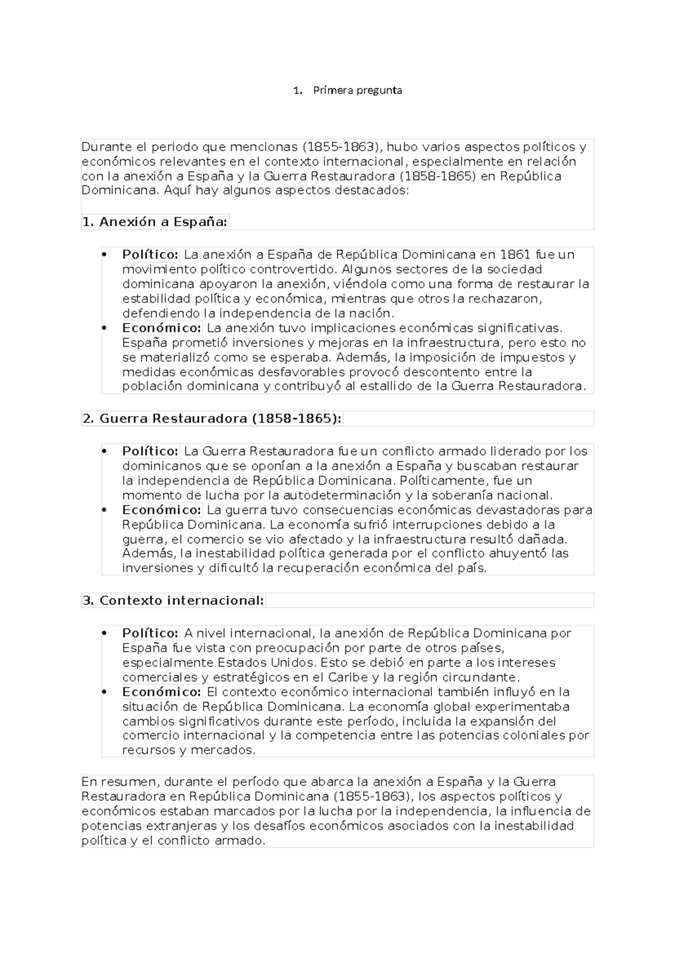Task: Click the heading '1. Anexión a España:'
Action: point(155,222)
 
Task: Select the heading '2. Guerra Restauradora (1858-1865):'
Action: point(212,419)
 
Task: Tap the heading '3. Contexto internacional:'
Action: point(173,601)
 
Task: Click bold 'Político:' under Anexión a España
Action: point(150,255)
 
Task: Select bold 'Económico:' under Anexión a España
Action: point(161,328)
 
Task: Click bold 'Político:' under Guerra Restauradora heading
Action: point(150,452)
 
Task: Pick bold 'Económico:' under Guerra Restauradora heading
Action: point(161,510)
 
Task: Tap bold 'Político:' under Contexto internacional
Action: point(150,633)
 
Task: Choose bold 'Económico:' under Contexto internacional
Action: point(161,692)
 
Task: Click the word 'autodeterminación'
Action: point(341,496)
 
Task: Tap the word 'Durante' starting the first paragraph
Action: point(105,147)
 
